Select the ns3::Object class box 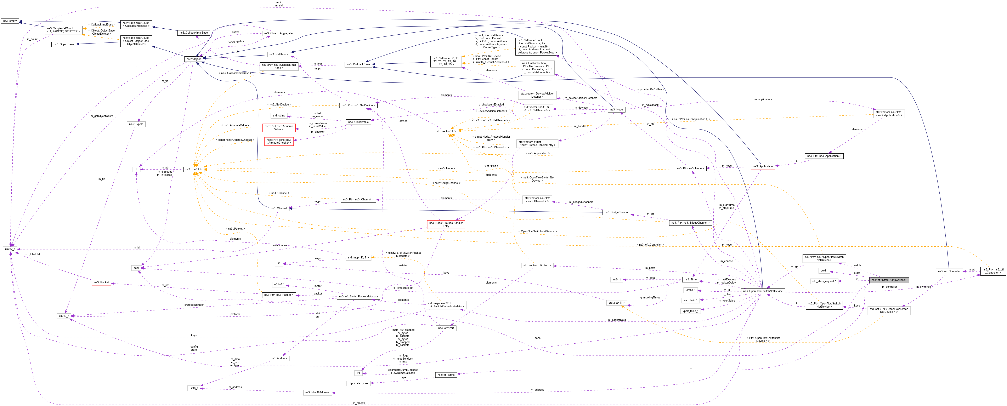pyautogui.click(x=193, y=59)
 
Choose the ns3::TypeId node pyautogui.click(x=136, y=124)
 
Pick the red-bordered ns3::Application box pyautogui.click(x=763, y=166)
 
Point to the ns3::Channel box pyautogui.click(x=279, y=208)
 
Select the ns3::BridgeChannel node pyautogui.click(x=616, y=212)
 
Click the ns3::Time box pyautogui.click(x=690, y=279)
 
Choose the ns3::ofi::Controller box pyautogui.click(x=949, y=271)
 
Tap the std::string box pyautogui.click(x=279, y=116)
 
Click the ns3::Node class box pyautogui.click(x=616, y=109)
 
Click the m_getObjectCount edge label pyautogui.click(x=102, y=116)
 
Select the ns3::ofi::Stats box pyautogui.click(x=446, y=375)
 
